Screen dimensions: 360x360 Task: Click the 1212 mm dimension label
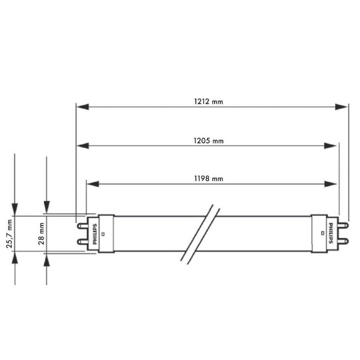click(x=208, y=102)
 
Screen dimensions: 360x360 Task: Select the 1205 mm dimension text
click(x=208, y=141)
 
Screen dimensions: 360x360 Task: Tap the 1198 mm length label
click(x=208, y=179)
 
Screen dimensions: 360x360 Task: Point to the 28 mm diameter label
click(x=41, y=234)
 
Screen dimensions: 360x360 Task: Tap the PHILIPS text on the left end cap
click(x=94, y=234)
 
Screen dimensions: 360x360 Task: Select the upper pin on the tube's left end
click(x=81, y=224)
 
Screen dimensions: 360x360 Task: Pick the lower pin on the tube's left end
click(x=81, y=243)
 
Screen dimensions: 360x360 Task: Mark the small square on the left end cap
click(x=103, y=234)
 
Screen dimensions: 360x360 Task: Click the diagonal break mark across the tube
click(x=200, y=234)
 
